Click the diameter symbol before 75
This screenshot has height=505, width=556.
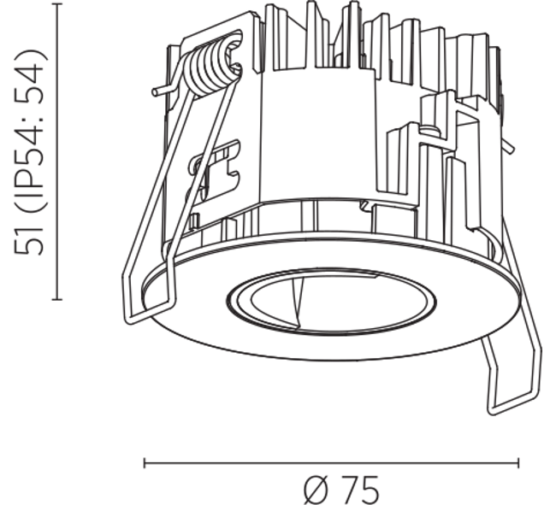coord(316,490)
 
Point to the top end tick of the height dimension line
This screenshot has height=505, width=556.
coord(57,4)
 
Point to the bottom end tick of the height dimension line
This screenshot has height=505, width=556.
coord(57,300)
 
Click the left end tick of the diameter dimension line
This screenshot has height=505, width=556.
coord(145,463)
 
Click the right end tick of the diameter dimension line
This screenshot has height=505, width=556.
coord(518,463)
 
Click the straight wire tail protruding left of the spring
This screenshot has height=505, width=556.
coord(166,90)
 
